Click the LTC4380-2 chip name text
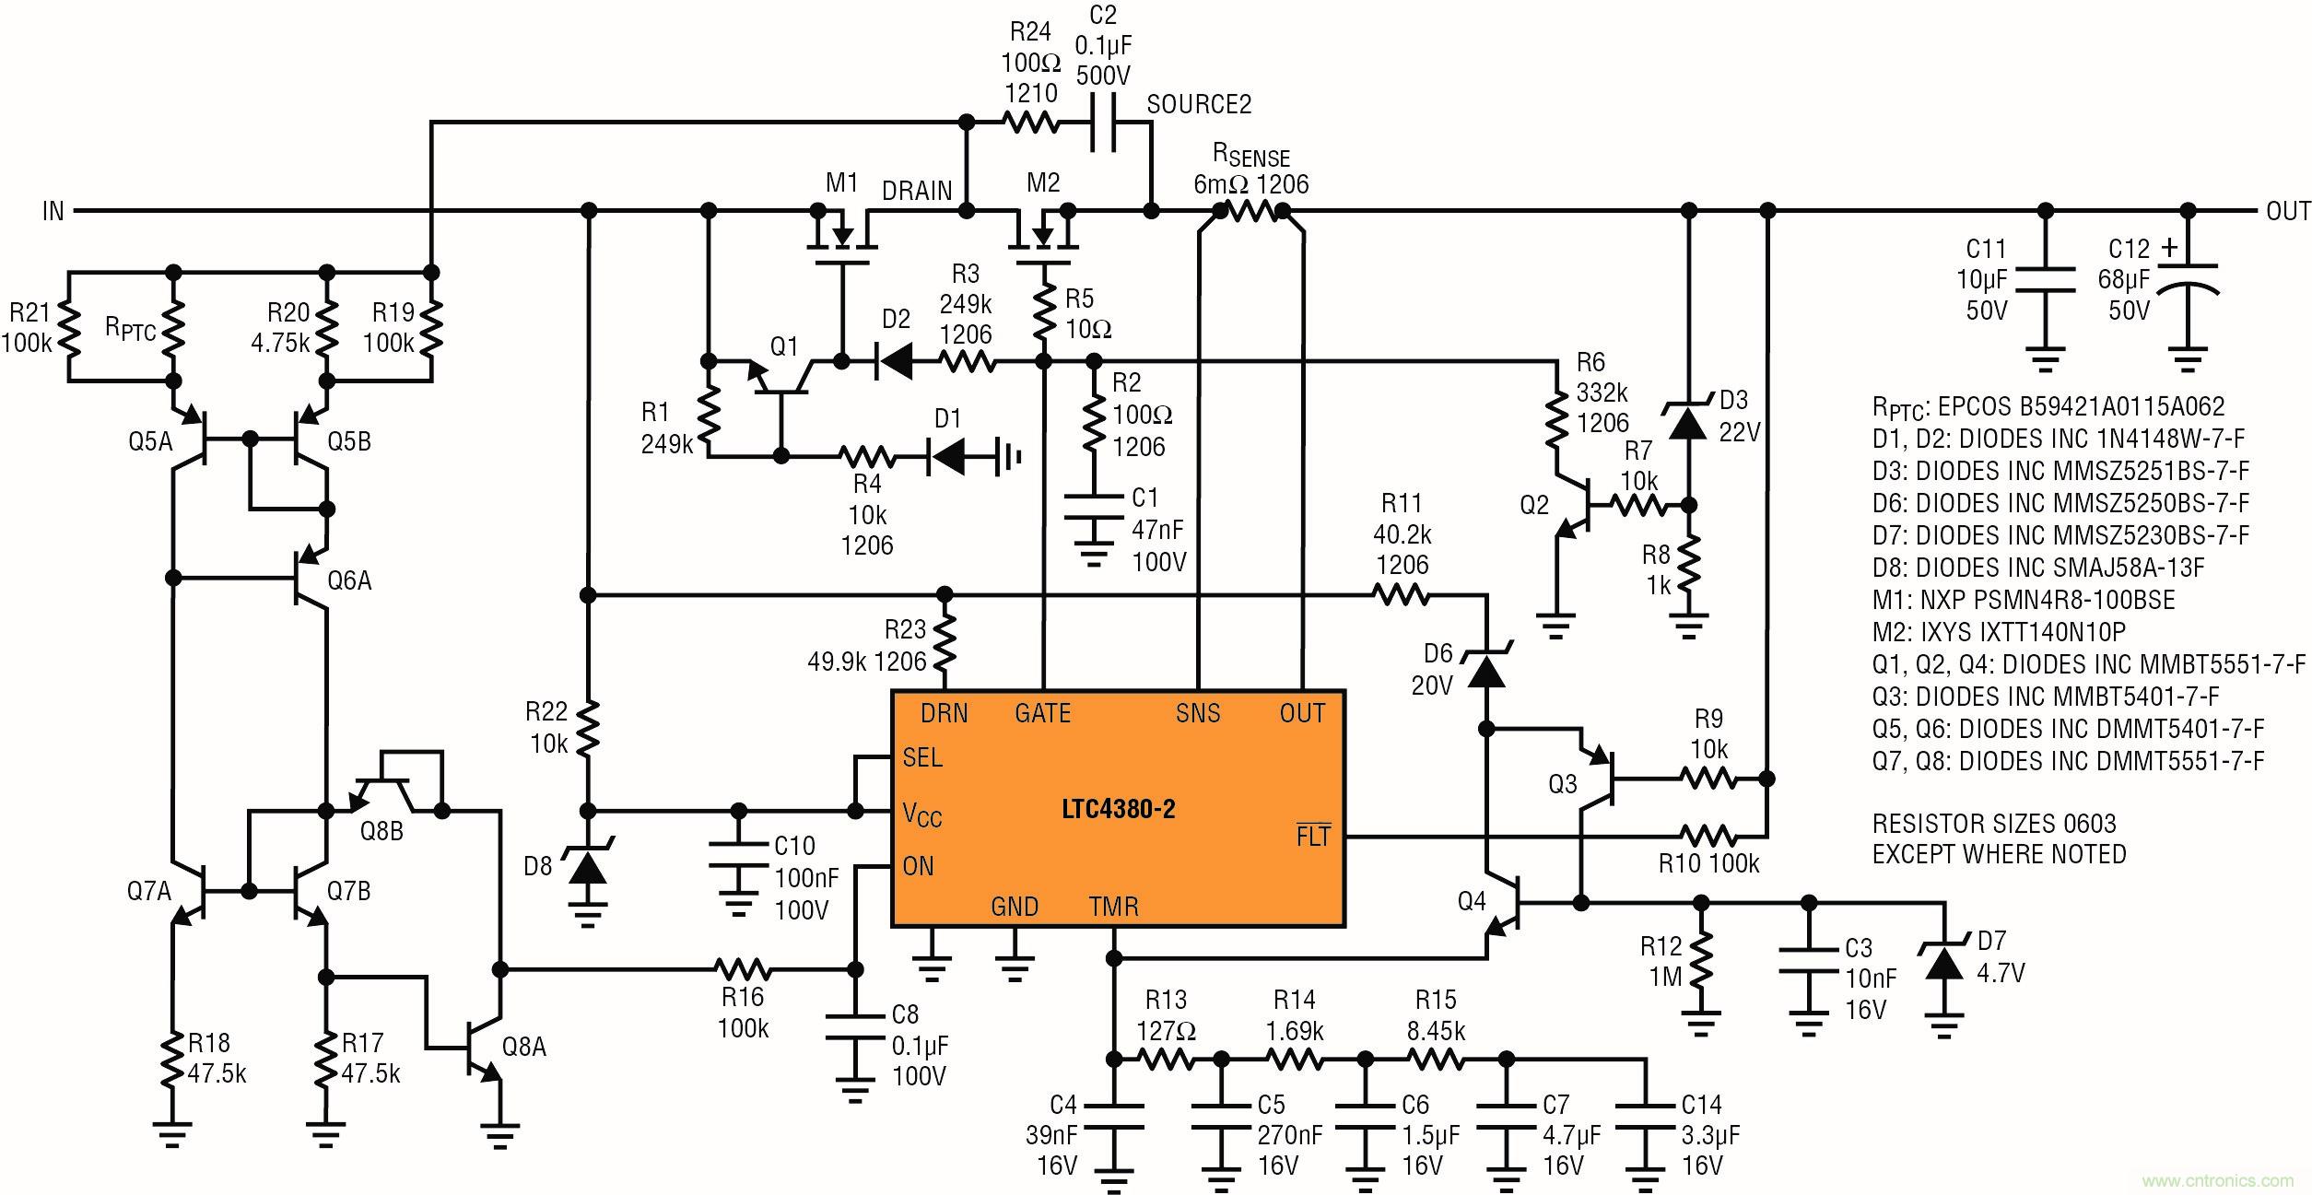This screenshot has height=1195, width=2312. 1118,810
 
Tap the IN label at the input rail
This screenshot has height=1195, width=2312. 53,211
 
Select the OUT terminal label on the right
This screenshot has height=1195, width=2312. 2287,211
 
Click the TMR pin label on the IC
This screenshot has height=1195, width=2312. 1113,907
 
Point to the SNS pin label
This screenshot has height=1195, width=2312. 1197,713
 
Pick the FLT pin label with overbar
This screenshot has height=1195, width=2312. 1312,837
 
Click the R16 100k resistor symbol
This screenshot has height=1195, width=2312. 743,969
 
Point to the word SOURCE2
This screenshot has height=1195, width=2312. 1198,105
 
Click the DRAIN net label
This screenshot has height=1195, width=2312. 916,191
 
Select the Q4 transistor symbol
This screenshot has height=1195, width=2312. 1502,903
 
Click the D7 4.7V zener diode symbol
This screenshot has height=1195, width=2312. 1943,964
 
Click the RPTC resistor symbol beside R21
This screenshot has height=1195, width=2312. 172,327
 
